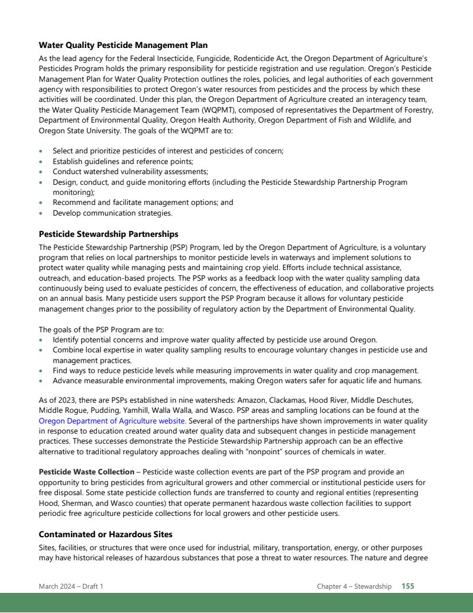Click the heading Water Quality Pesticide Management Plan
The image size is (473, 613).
123,45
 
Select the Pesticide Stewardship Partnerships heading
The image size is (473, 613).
108,234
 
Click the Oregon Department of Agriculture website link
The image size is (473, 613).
112,421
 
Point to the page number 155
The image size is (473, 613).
408,586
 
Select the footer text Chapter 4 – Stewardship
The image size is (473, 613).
354,586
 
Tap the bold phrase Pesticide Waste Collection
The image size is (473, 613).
86,472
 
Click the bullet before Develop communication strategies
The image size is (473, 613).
40,213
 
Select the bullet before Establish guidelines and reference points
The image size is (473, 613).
40,162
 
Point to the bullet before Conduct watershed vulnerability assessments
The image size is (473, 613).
40,172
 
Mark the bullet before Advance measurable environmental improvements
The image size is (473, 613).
40,381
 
